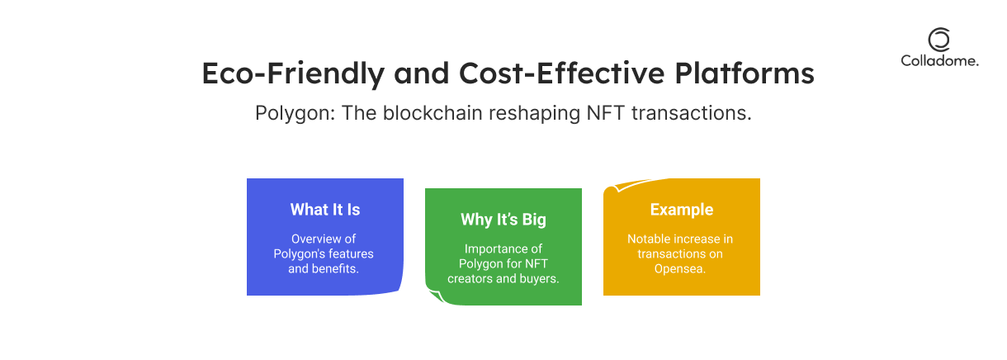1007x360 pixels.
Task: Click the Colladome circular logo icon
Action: pyautogui.click(x=939, y=40)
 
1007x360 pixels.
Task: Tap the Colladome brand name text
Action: pyautogui.click(x=939, y=60)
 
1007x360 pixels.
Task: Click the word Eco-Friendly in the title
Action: pyautogui.click(x=293, y=73)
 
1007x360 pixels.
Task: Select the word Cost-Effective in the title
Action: pyautogui.click(x=561, y=73)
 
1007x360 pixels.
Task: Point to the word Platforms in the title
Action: pyautogui.click(x=745, y=73)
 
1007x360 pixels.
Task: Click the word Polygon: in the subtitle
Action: pyautogui.click(x=295, y=113)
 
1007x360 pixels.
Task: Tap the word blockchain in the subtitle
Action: pyautogui.click(x=433, y=112)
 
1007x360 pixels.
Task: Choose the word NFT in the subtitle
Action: pyautogui.click(x=606, y=112)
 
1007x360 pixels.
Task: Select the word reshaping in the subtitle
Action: pyautogui.click(x=535, y=113)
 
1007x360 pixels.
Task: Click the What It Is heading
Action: pyautogui.click(x=325, y=210)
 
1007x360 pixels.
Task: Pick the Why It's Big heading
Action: pyautogui.click(x=503, y=220)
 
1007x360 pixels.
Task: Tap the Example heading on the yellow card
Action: pyautogui.click(x=682, y=210)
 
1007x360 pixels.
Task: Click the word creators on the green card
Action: pyautogui.click(x=470, y=278)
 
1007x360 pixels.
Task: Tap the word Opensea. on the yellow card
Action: pyautogui.click(x=680, y=269)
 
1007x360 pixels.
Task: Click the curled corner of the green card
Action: pyautogui.click(x=436, y=296)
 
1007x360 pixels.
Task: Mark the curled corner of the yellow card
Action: pyautogui.click(x=626, y=184)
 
